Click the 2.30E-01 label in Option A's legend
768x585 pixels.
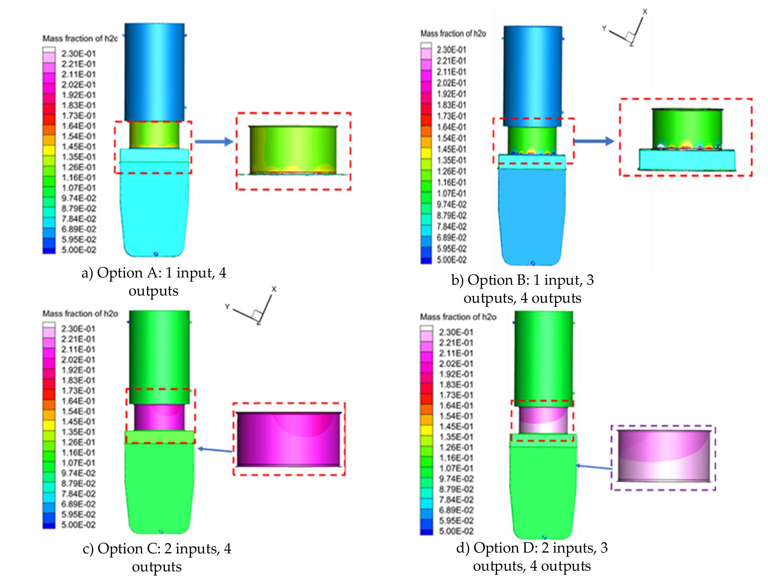coord(78,54)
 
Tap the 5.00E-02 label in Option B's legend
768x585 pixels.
coord(452,260)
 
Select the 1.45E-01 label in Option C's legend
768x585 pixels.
coord(78,422)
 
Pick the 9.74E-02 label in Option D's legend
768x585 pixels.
coord(456,479)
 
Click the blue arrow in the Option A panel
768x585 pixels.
coord(214,141)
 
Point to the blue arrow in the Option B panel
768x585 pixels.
coord(594,141)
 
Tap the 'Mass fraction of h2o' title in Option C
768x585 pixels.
coord(81,314)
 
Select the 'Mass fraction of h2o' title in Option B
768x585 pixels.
coord(453,34)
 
